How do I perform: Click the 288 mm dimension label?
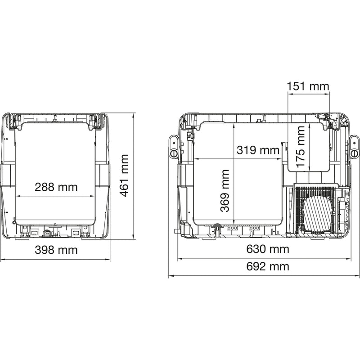pos(56,187)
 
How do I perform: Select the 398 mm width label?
pos(56,250)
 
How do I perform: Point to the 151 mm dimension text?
pos(308,86)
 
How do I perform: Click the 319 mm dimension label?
pos(258,150)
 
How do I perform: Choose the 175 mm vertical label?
pos(301,147)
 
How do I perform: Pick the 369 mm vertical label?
pos(225,190)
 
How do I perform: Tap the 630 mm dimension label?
pos(268,249)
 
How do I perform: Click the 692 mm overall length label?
pos(268,266)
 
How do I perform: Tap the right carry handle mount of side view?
pos(354,146)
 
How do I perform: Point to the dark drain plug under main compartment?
pos(216,227)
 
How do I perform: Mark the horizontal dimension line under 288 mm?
pos(56,196)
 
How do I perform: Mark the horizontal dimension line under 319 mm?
pos(238,158)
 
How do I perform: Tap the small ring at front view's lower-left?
pos(14,221)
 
